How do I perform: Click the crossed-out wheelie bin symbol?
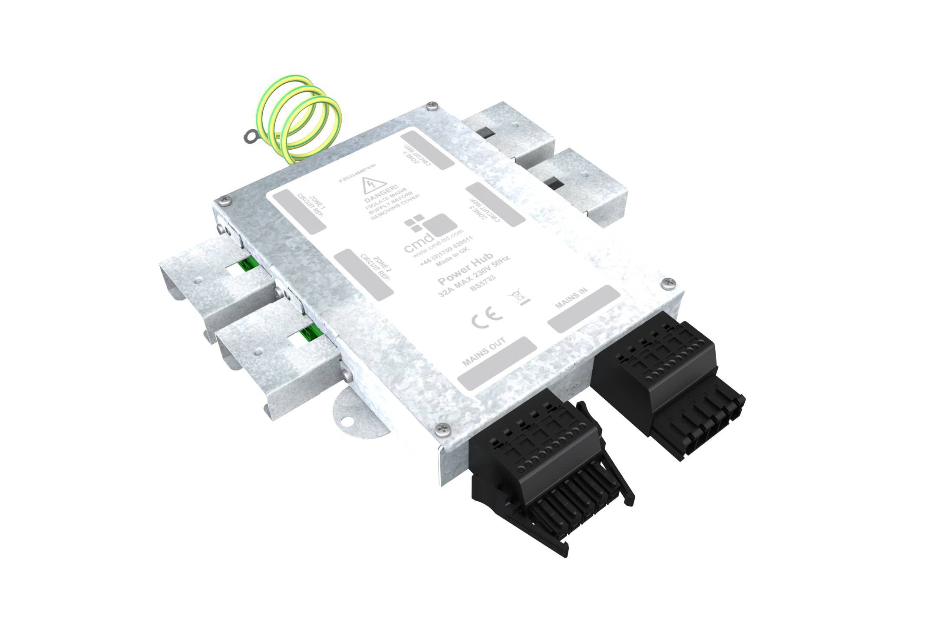click(x=518, y=299)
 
